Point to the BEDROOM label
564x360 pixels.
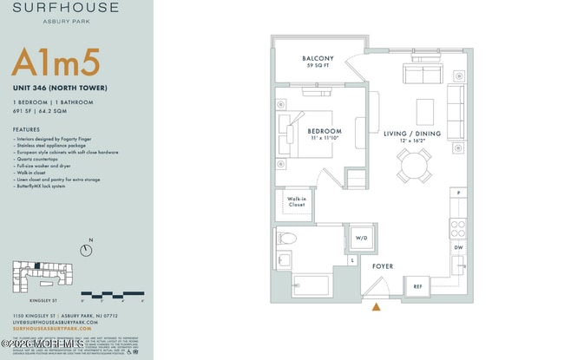tap(324, 133)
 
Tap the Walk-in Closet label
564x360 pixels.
tap(297, 203)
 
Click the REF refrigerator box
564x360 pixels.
tap(417, 286)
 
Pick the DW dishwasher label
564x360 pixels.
tap(458, 247)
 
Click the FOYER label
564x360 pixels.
tap(383, 266)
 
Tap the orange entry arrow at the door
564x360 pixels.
tap(377, 306)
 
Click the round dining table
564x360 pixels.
tap(414, 164)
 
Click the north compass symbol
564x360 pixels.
tap(86, 250)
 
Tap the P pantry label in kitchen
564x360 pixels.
tap(458, 193)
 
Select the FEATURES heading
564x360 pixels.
tap(26, 128)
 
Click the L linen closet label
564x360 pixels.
tap(352, 259)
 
